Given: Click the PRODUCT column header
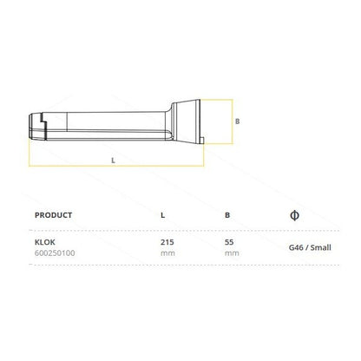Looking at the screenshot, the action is (53, 215).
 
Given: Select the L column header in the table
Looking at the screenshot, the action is (163, 215).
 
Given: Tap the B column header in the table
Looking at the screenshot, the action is (227, 215).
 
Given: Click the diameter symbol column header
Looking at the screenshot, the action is (294, 215).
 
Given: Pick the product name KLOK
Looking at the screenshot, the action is (45, 242).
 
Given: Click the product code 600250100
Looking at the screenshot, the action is (55, 253).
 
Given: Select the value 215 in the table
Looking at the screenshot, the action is (167, 242).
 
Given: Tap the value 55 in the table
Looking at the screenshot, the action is (229, 242).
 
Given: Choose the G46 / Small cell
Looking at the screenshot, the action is (310, 247).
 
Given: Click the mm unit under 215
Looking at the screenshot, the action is (167, 253).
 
